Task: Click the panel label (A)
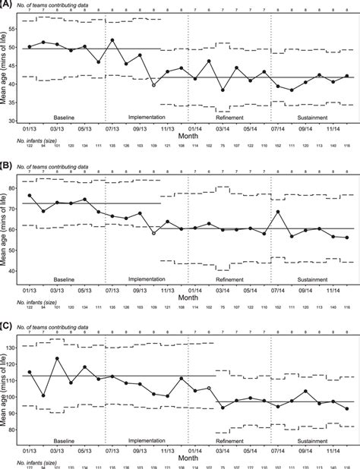7,4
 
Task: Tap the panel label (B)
7,162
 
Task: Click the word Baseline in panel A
64,118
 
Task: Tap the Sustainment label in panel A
308,118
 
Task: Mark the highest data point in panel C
57,358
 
